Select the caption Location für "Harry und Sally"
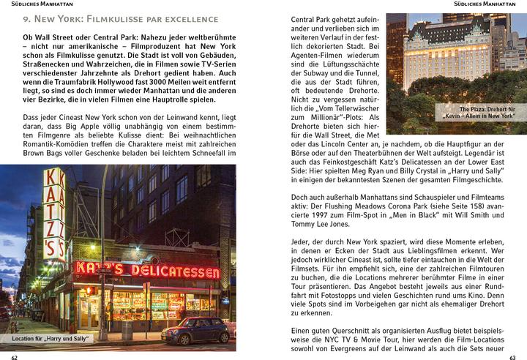click(x=51, y=339)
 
